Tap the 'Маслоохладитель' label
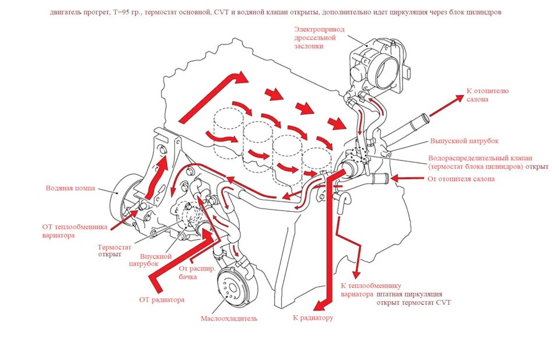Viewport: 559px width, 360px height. [229, 319]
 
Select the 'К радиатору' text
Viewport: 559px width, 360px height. [313, 318]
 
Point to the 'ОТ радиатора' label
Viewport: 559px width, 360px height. [162, 300]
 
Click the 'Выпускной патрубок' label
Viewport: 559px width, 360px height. [464, 141]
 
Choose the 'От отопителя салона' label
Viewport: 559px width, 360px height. [461, 179]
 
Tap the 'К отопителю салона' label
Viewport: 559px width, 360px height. [487, 95]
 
